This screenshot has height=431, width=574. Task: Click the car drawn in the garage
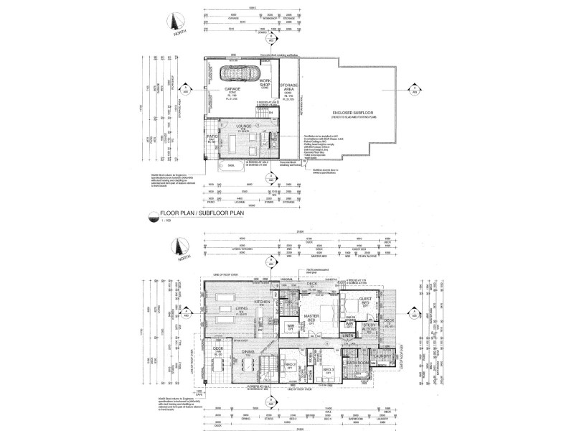pos(240,73)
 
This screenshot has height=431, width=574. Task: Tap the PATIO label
pos(212,136)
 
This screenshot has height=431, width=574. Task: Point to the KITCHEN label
pos(261,302)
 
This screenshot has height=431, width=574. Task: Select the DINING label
pos(248,352)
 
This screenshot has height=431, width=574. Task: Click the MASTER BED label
pos(311,318)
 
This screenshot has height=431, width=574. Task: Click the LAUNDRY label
pos(380,354)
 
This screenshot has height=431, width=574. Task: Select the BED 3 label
pos(328,371)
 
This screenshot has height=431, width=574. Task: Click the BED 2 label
pos(289,366)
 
